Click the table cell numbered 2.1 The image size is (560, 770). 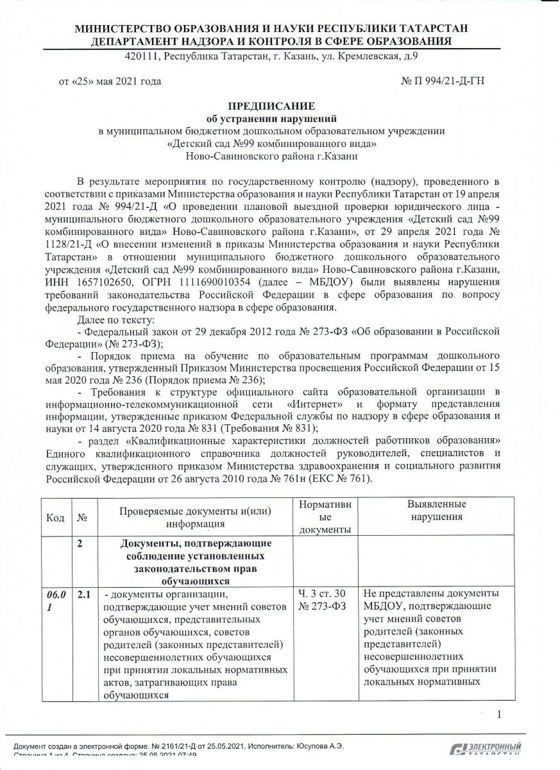coord(84,594)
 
